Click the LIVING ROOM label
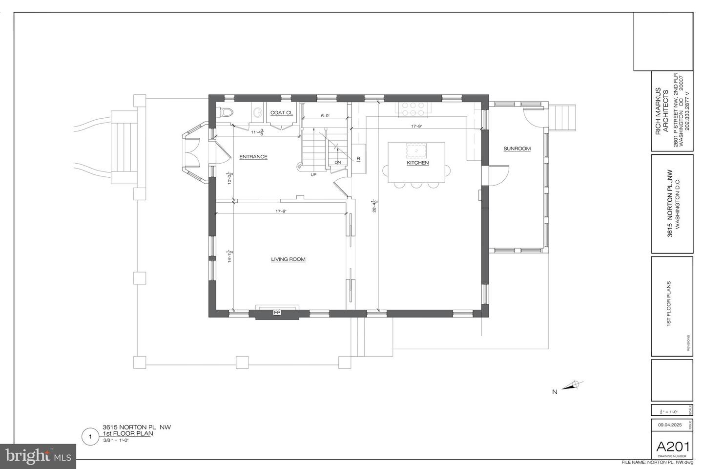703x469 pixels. pos(288,259)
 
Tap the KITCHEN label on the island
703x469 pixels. pos(418,163)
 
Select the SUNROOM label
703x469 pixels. pos(517,149)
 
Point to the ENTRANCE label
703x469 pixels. pos(253,157)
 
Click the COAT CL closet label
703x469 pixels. pos(282,113)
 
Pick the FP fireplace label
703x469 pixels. pos(277,312)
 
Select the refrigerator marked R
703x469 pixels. pos(358,158)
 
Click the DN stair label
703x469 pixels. pos(337,162)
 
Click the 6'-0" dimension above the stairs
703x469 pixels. pos(325,116)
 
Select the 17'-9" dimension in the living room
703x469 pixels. pos(281,211)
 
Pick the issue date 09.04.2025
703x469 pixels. pos(669,425)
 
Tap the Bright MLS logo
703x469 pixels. pos(38,456)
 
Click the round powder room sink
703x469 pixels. pos(257,112)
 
